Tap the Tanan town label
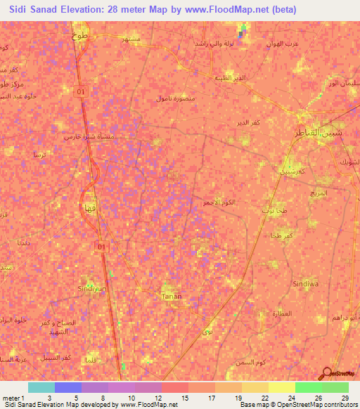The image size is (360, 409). point(172,297)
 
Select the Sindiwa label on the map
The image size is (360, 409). point(307,283)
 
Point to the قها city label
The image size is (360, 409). point(90,207)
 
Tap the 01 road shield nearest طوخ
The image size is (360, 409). point(82,91)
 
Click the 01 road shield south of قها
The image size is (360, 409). point(103,246)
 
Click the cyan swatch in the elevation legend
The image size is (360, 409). point(41,387)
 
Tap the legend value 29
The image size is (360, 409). point(345,398)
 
